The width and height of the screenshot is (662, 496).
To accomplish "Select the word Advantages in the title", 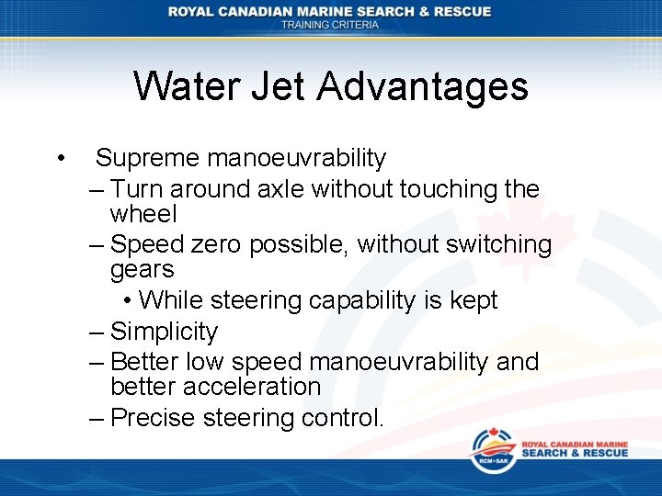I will [423, 86].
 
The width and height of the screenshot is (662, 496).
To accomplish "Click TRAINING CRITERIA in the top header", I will [330, 25].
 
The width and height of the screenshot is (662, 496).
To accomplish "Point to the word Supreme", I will [147, 158].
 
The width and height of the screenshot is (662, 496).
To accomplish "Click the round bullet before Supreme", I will [59, 158].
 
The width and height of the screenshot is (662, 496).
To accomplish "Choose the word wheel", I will [143, 214].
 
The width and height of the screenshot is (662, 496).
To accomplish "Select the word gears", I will [142, 269].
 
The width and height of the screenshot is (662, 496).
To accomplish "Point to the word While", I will [172, 300].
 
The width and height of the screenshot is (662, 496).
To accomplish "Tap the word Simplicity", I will [164, 332].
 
